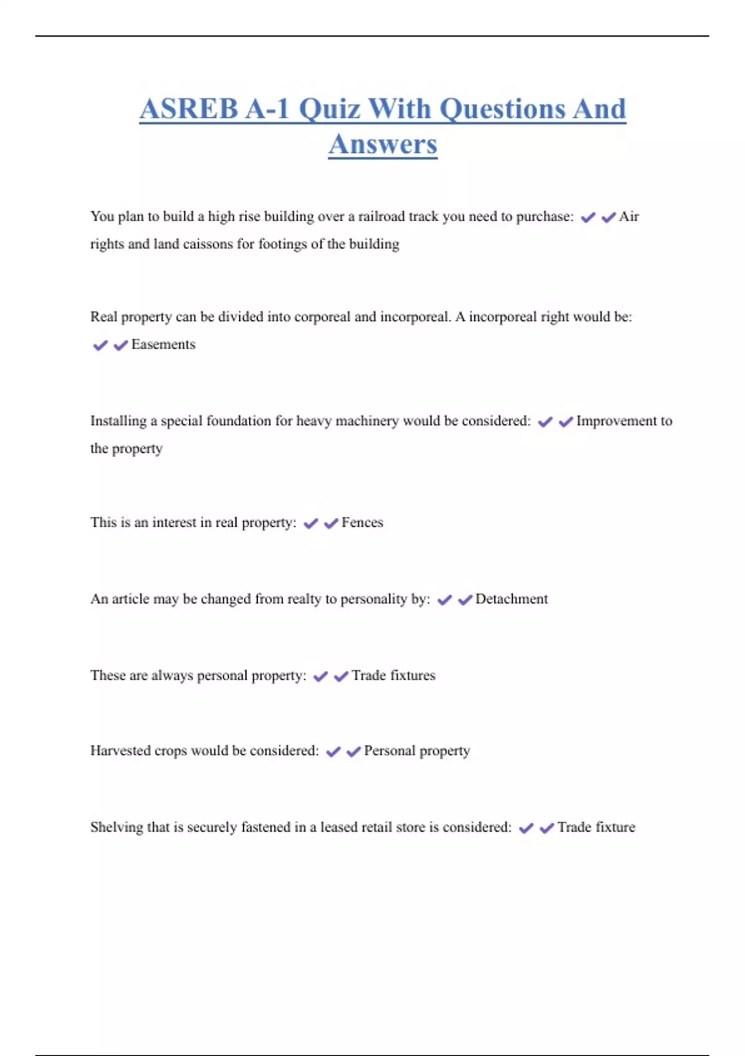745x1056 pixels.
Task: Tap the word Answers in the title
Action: [x=382, y=145]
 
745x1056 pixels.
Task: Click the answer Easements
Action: [x=163, y=345]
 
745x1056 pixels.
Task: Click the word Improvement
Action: [x=616, y=421]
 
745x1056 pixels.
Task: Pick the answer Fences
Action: [x=362, y=523]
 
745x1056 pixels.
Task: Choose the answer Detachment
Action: [x=512, y=599]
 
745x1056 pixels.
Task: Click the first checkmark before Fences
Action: [x=310, y=524]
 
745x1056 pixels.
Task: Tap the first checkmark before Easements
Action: [x=100, y=345]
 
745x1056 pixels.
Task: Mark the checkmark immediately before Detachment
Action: [x=465, y=600]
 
